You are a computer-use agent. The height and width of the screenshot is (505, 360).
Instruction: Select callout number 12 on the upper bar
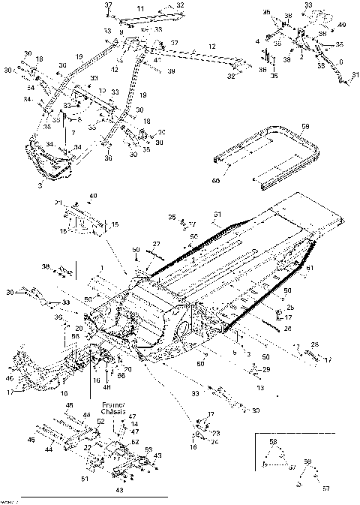pos(212,47)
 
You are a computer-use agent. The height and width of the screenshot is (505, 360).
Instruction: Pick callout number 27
pos(157,244)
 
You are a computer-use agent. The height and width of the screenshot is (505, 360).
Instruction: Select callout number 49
pos(94,197)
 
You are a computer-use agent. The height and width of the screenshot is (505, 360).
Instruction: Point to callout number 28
pos(314,344)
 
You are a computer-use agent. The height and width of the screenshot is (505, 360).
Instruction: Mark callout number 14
pos(133,424)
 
